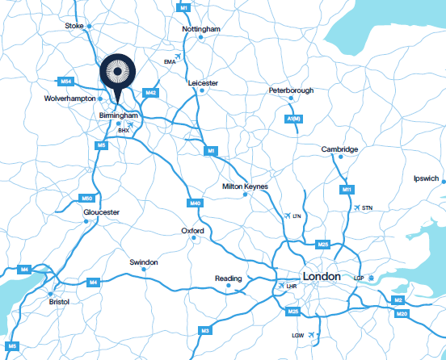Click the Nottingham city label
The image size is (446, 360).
click(x=201, y=29)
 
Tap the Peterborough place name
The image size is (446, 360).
click(x=291, y=90)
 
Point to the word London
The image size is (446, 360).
click(x=321, y=275)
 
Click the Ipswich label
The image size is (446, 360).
click(x=425, y=178)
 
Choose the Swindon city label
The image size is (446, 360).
click(x=144, y=262)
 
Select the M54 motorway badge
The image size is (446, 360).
click(x=66, y=82)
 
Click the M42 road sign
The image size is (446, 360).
click(x=150, y=93)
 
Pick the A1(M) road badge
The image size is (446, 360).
click(x=294, y=119)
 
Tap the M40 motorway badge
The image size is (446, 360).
click(x=195, y=203)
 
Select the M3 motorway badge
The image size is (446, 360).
click(x=205, y=331)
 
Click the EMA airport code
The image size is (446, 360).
click(x=170, y=61)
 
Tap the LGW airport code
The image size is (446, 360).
click(x=297, y=335)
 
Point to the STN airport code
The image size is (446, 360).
click(x=368, y=209)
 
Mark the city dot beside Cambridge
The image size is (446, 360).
click(x=341, y=157)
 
